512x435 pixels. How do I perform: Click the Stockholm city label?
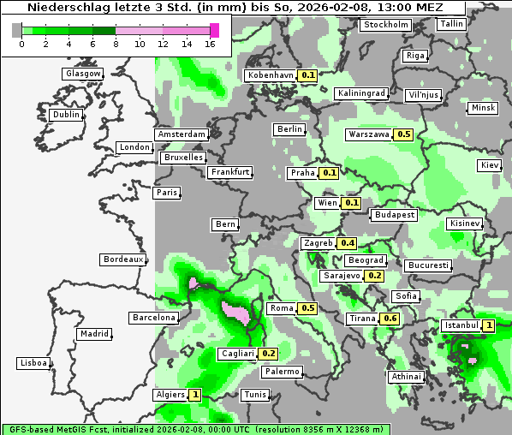tap(386, 25)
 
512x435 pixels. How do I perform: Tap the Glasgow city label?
tap(83, 74)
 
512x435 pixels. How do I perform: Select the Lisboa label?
tap(34, 363)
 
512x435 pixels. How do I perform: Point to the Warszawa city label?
tap(369, 134)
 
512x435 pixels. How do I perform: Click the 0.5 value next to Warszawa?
tap(404, 134)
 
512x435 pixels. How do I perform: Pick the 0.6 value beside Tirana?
tap(390, 319)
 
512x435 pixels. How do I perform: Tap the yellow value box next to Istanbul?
tap(489, 325)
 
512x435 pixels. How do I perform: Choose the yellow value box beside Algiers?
tap(195, 395)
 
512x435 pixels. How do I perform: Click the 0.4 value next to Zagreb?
tap(347, 243)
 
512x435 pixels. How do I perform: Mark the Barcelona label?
tap(154, 318)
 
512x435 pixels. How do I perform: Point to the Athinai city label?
tap(406, 377)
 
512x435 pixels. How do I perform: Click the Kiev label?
tap(490, 164)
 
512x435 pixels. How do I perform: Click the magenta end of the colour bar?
tap(214, 30)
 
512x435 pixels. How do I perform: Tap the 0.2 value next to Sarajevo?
tap(374, 276)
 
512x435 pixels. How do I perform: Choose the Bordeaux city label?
tap(123, 259)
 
